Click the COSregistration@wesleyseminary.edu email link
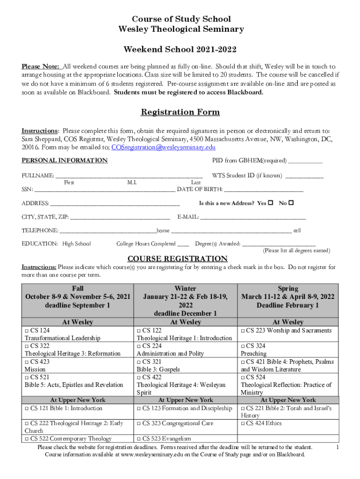163,147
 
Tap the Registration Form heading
180,112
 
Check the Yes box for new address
270,203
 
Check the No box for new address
291,203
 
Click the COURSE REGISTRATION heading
178,259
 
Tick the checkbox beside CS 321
138,362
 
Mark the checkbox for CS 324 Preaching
243,346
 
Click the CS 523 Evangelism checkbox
138,439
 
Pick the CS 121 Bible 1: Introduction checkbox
27,408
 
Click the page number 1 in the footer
338,448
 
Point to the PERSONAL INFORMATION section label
65,160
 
